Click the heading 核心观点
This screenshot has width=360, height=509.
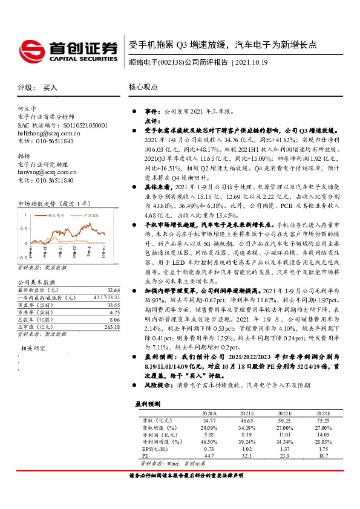(143, 87)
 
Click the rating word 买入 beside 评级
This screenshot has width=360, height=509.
(50, 88)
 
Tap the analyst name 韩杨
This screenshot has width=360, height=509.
(24, 156)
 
